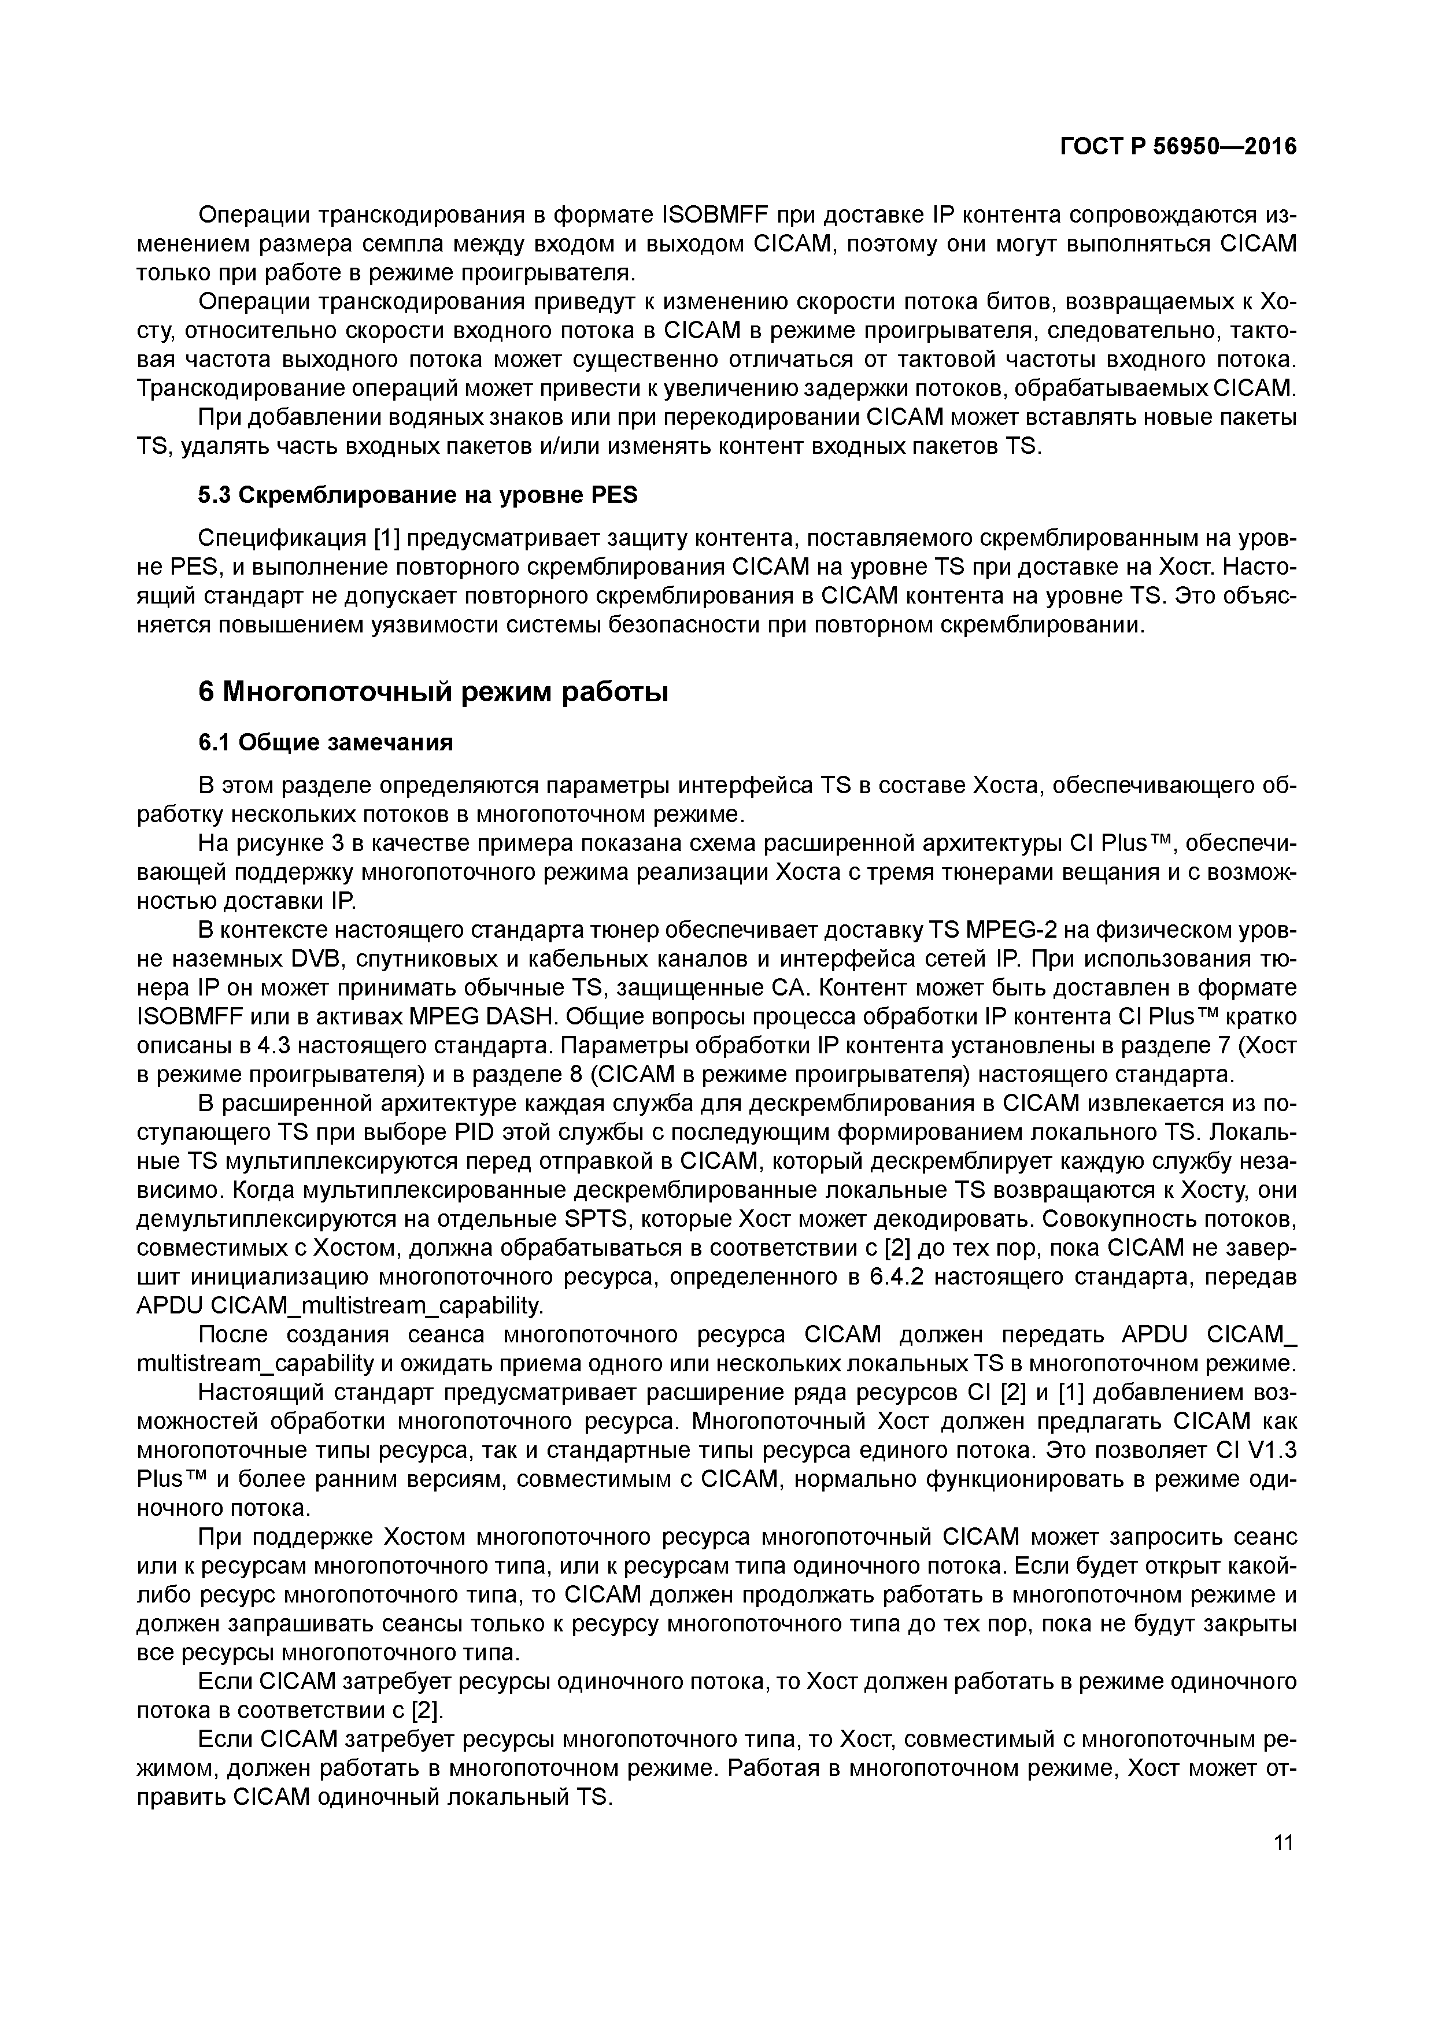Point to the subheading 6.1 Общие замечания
pos(325,743)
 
